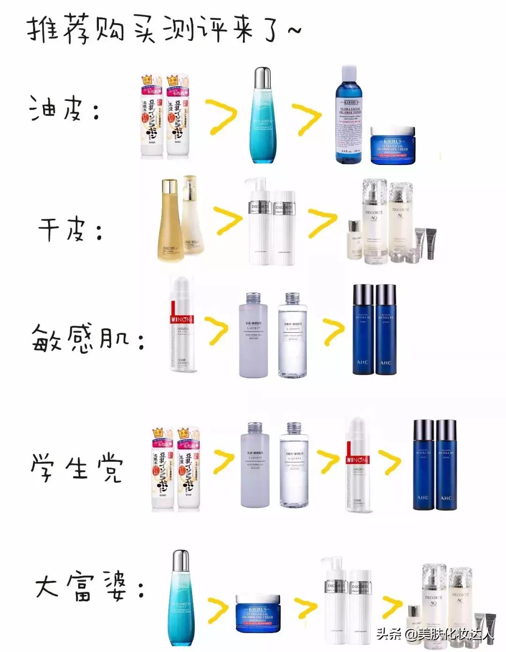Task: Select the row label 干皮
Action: click(x=70, y=230)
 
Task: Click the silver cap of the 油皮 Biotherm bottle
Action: click(x=262, y=78)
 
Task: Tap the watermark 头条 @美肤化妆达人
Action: click(x=436, y=634)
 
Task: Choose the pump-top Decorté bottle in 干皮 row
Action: click(x=259, y=220)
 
